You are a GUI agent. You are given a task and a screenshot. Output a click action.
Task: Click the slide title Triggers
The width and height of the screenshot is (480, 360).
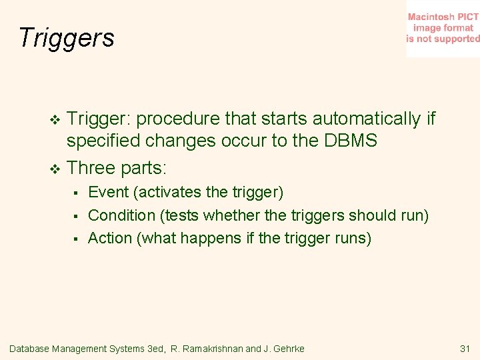pos(67,38)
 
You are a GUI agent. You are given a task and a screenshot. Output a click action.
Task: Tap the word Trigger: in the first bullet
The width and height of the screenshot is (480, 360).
pos(101,119)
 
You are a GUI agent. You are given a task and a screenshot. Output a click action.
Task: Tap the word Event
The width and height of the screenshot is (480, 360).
pos(109,193)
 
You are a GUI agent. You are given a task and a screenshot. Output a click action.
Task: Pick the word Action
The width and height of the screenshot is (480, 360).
pos(110,238)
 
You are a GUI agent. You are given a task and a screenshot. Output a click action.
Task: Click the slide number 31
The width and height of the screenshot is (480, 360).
pos(465,349)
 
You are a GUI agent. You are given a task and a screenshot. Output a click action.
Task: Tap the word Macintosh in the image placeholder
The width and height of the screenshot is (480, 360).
pos(430,17)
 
